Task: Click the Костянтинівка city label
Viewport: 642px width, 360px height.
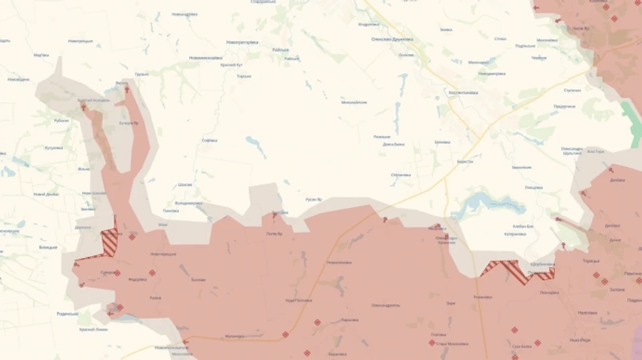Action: point(463,92)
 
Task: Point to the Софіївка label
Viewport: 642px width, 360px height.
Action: point(209,140)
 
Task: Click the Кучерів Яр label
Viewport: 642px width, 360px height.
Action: point(129,123)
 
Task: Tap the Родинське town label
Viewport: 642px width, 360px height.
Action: point(68,313)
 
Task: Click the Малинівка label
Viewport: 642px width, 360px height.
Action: point(234,336)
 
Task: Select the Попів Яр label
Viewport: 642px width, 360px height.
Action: point(275,234)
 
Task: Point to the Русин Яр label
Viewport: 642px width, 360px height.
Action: point(314,199)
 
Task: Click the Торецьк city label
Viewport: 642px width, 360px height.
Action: point(591,261)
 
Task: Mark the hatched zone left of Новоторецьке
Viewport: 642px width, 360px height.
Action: point(110,242)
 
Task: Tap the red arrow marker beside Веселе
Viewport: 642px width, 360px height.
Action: point(128,90)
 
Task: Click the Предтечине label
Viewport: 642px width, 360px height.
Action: point(564,106)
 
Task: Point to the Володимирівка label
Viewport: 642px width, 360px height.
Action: point(188,202)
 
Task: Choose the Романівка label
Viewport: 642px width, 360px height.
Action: point(483,297)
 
